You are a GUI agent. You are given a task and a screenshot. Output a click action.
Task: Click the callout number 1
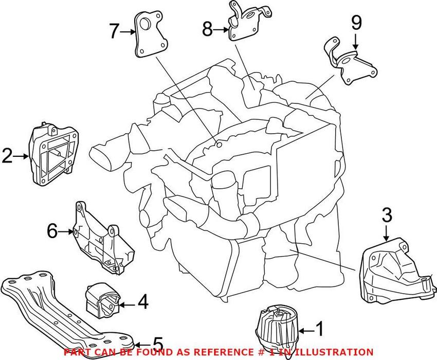319,329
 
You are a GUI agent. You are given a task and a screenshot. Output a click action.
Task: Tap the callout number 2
7,156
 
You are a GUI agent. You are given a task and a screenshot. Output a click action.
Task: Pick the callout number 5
157,344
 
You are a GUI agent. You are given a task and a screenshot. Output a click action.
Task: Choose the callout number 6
52,232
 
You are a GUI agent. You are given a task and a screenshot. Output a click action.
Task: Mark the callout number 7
115,31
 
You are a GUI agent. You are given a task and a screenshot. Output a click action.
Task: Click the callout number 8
207,29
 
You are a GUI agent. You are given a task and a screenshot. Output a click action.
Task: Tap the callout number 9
356,24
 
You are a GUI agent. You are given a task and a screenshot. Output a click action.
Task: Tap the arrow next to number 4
127,304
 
